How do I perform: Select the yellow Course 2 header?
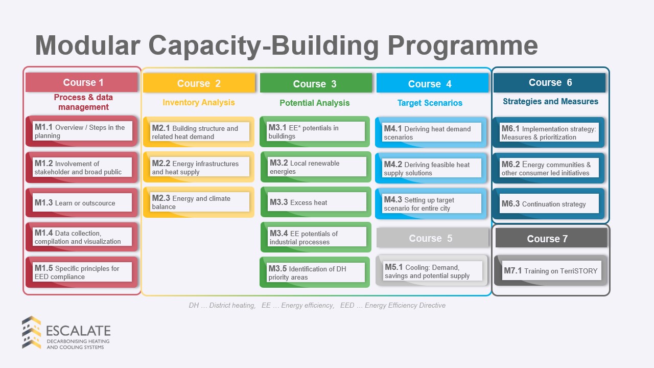pos(199,83)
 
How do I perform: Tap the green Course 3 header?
pos(316,83)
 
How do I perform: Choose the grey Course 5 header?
pos(432,238)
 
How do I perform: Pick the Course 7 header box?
pos(551,238)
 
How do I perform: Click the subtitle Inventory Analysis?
pos(199,103)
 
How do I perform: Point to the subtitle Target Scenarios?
pos(430,103)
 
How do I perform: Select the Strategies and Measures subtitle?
pos(550,101)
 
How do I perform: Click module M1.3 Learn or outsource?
pos(82,203)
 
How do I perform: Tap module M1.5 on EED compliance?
pos(82,272)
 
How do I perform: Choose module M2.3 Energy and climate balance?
pos(199,202)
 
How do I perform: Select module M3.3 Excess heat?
pos(316,202)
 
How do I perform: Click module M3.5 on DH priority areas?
pos(315,272)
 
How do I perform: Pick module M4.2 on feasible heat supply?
pos(431,168)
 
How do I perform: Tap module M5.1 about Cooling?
pos(432,271)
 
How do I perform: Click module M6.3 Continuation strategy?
pos(549,203)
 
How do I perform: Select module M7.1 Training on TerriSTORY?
pos(551,271)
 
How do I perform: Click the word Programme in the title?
pos(463,46)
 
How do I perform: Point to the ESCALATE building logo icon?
pos(32,332)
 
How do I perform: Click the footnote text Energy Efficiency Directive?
pos(405,306)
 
